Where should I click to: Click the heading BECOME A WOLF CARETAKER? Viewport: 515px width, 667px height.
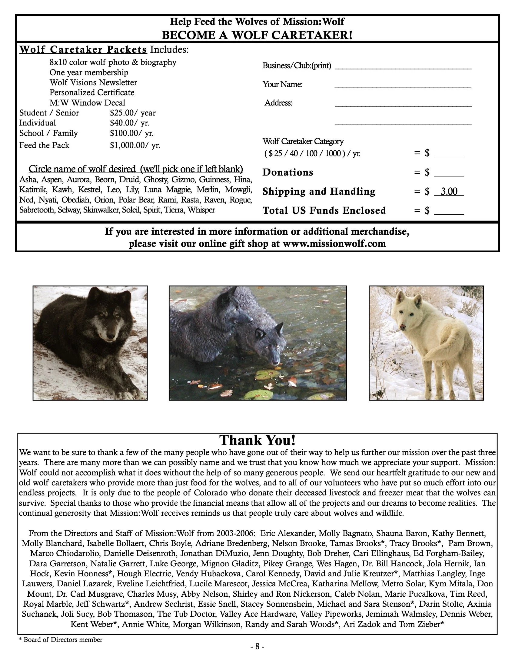tap(257, 35)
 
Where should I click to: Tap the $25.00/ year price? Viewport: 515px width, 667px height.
tap(133, 113)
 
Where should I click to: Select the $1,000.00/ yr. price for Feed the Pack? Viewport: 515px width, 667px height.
tap(135, 145)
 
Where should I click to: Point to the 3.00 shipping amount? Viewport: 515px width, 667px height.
tap(449, 192)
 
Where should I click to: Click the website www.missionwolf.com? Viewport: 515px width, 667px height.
tap(334, 243)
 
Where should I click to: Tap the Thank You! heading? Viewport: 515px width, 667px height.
tap(257, 440)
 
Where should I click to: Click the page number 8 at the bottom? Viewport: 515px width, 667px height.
tap(257, 646)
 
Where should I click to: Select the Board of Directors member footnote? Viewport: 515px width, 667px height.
tap(61, 639)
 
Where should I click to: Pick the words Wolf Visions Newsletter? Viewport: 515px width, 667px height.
tap(93, 82)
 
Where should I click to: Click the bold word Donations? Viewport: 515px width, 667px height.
tap(288, 172)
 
